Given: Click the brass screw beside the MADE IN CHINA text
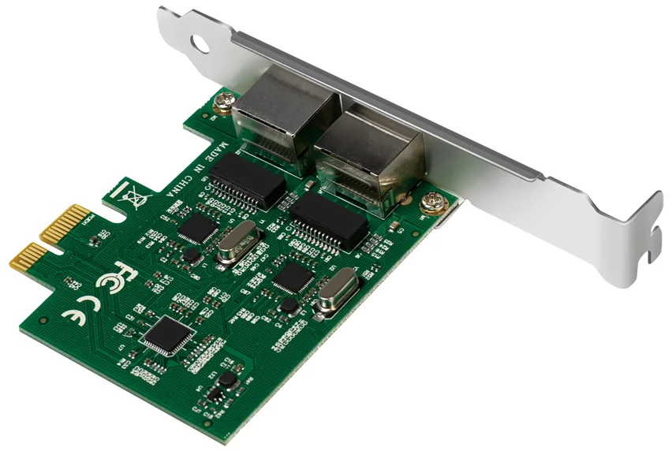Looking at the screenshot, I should click(226, 101).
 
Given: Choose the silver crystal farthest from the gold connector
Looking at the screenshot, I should click(335, 291).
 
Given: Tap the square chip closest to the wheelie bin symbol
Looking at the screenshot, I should click(197, 228).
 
